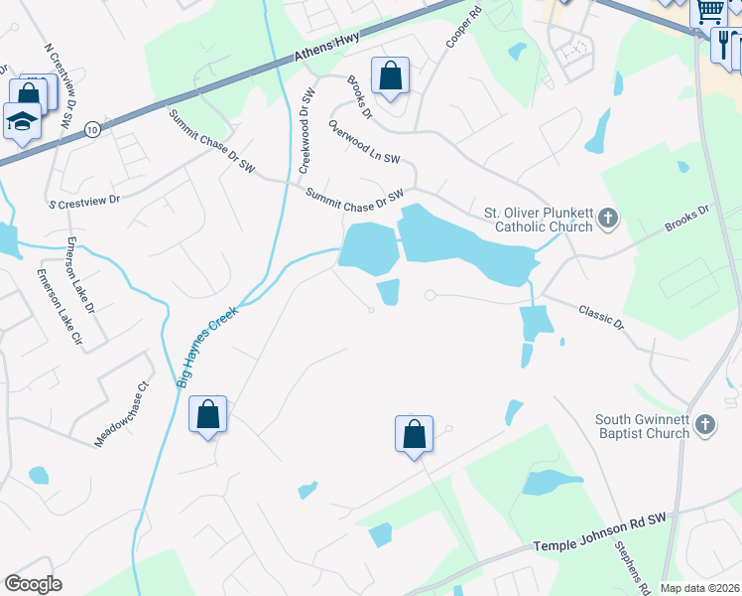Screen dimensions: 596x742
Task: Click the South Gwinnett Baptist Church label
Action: click(642, 426)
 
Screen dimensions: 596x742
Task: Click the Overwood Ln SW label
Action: click(364, 144)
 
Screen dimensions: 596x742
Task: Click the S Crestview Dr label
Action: click(84, 200)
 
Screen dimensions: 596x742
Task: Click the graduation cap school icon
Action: click(22, 121)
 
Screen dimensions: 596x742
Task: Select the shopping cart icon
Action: click(709, 11)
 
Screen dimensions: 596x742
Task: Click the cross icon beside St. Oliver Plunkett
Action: click(609, 218)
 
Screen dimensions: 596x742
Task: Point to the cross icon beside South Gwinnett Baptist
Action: click(705, 426)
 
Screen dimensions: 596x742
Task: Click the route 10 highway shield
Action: click(91, 129)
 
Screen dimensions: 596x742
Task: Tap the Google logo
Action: click(34, 584)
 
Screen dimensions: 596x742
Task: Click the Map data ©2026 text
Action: click(698, 588)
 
